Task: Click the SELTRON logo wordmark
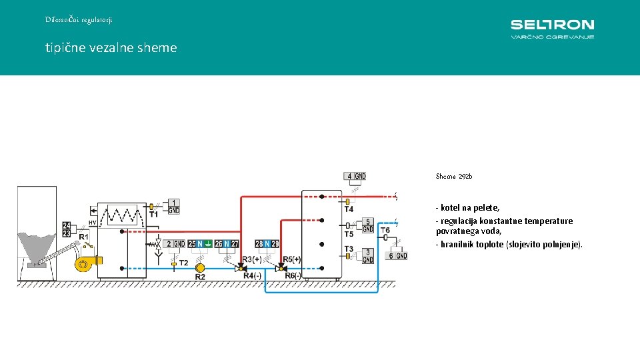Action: click(552, 25)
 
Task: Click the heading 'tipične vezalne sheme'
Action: click(111, 48)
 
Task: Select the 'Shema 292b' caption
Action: click(453, 177)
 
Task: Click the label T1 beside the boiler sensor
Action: click(154, 215)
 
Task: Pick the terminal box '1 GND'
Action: click(173, 206)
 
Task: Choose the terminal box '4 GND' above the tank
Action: click(355, 177)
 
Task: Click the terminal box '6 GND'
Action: click(397, 256)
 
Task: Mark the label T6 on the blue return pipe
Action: click(385, 231)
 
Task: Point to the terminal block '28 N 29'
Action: click(267, 245)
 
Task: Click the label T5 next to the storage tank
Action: click(349, 235)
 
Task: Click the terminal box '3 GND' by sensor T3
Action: click(367, 256)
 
